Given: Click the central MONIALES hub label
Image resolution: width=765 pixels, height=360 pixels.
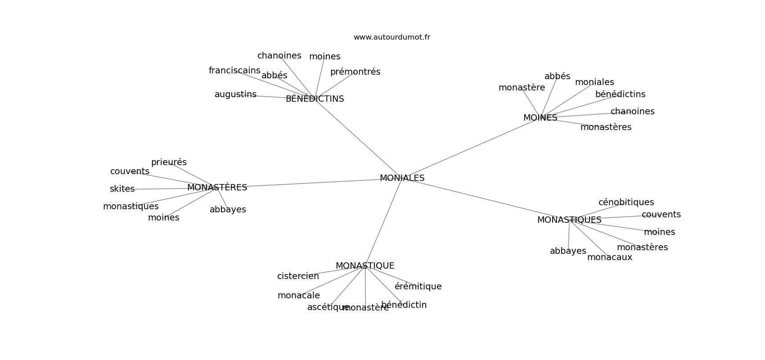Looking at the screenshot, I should [x=402, y=178].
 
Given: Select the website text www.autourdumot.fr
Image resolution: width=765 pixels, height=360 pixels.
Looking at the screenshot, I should [x=391, y=37].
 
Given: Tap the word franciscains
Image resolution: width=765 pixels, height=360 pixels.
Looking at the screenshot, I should [x=234, y=71].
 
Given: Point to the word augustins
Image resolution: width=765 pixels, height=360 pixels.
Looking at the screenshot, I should [x=235, y=94].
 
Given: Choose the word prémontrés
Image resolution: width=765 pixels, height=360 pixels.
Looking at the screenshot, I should [x=355, y=72].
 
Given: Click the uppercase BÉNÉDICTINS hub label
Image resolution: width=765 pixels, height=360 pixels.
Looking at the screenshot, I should [x=315, y=99].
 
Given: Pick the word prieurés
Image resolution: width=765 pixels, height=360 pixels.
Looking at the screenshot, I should [x=169, y=162].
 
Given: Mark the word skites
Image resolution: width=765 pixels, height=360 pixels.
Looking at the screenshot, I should [x=122, y=189].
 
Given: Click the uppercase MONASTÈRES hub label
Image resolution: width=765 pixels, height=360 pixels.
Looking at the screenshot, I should [x=217, y=188].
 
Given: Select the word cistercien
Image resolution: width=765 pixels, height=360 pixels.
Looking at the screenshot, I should [x=298, y=276].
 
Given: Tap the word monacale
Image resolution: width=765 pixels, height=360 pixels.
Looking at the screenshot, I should [x=298, y=296].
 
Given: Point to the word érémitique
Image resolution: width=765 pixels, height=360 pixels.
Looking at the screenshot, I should [x=418, y=287].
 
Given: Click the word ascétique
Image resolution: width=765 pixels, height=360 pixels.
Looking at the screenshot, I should [x=328, y=307].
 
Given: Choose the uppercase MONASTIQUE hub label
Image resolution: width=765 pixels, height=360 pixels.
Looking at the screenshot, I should [x=364, y=266].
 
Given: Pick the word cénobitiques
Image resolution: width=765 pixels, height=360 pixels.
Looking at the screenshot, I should [x=626, y=202].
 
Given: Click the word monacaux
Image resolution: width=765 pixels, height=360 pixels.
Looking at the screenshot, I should [x=609, y=257].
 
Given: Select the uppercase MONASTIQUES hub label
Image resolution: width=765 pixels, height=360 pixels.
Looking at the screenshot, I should [x=569, y=220].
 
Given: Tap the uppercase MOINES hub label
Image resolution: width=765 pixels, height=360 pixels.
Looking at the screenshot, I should [x=540, y=118].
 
